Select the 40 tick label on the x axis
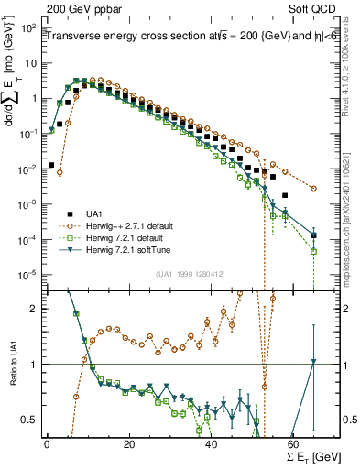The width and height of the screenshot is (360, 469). tap(211, 444)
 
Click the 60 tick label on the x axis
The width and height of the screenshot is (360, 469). tap(293, 444)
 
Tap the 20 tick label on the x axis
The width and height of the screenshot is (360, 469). tap(129, 444)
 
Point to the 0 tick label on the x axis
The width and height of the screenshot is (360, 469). tap(47, 444)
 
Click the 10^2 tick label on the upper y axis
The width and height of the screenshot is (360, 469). tap(27, 28)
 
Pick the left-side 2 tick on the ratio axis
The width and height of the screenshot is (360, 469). tap(36, 309)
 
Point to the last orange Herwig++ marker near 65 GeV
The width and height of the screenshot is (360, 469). tap(314, 189)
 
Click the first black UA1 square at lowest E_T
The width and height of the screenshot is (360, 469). tap(51, 165)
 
